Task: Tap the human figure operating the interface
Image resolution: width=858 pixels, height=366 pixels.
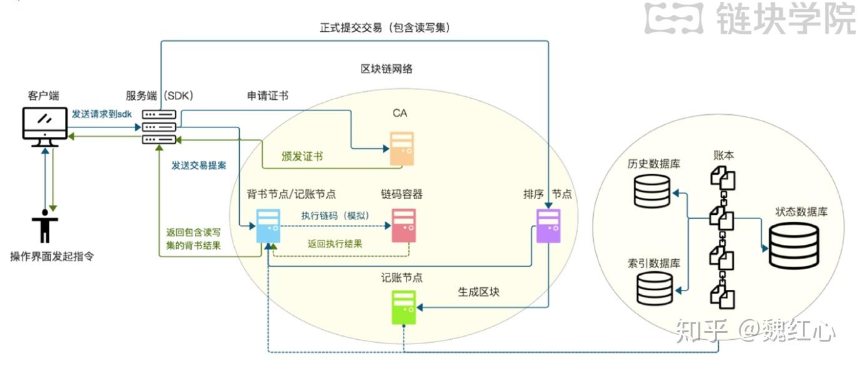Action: (44, 225)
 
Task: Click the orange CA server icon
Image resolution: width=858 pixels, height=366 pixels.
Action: (402, 148)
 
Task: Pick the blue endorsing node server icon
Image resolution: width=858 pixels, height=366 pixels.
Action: (269, 225)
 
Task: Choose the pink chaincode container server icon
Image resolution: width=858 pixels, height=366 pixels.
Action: (403, 225)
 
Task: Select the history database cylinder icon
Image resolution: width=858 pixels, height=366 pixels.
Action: (652, 190)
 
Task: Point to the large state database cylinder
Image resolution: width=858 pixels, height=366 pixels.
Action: (793, 245)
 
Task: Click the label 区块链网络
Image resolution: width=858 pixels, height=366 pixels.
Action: (387, 69)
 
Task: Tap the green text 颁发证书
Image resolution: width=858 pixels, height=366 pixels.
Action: (302, 156)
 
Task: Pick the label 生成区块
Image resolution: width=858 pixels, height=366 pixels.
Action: (479, 292)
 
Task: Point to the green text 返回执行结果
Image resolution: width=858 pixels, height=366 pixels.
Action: (335, 244)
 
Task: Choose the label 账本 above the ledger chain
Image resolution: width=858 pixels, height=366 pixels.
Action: (722, 155)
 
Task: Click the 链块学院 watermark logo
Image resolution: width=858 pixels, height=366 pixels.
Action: (750, 18)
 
